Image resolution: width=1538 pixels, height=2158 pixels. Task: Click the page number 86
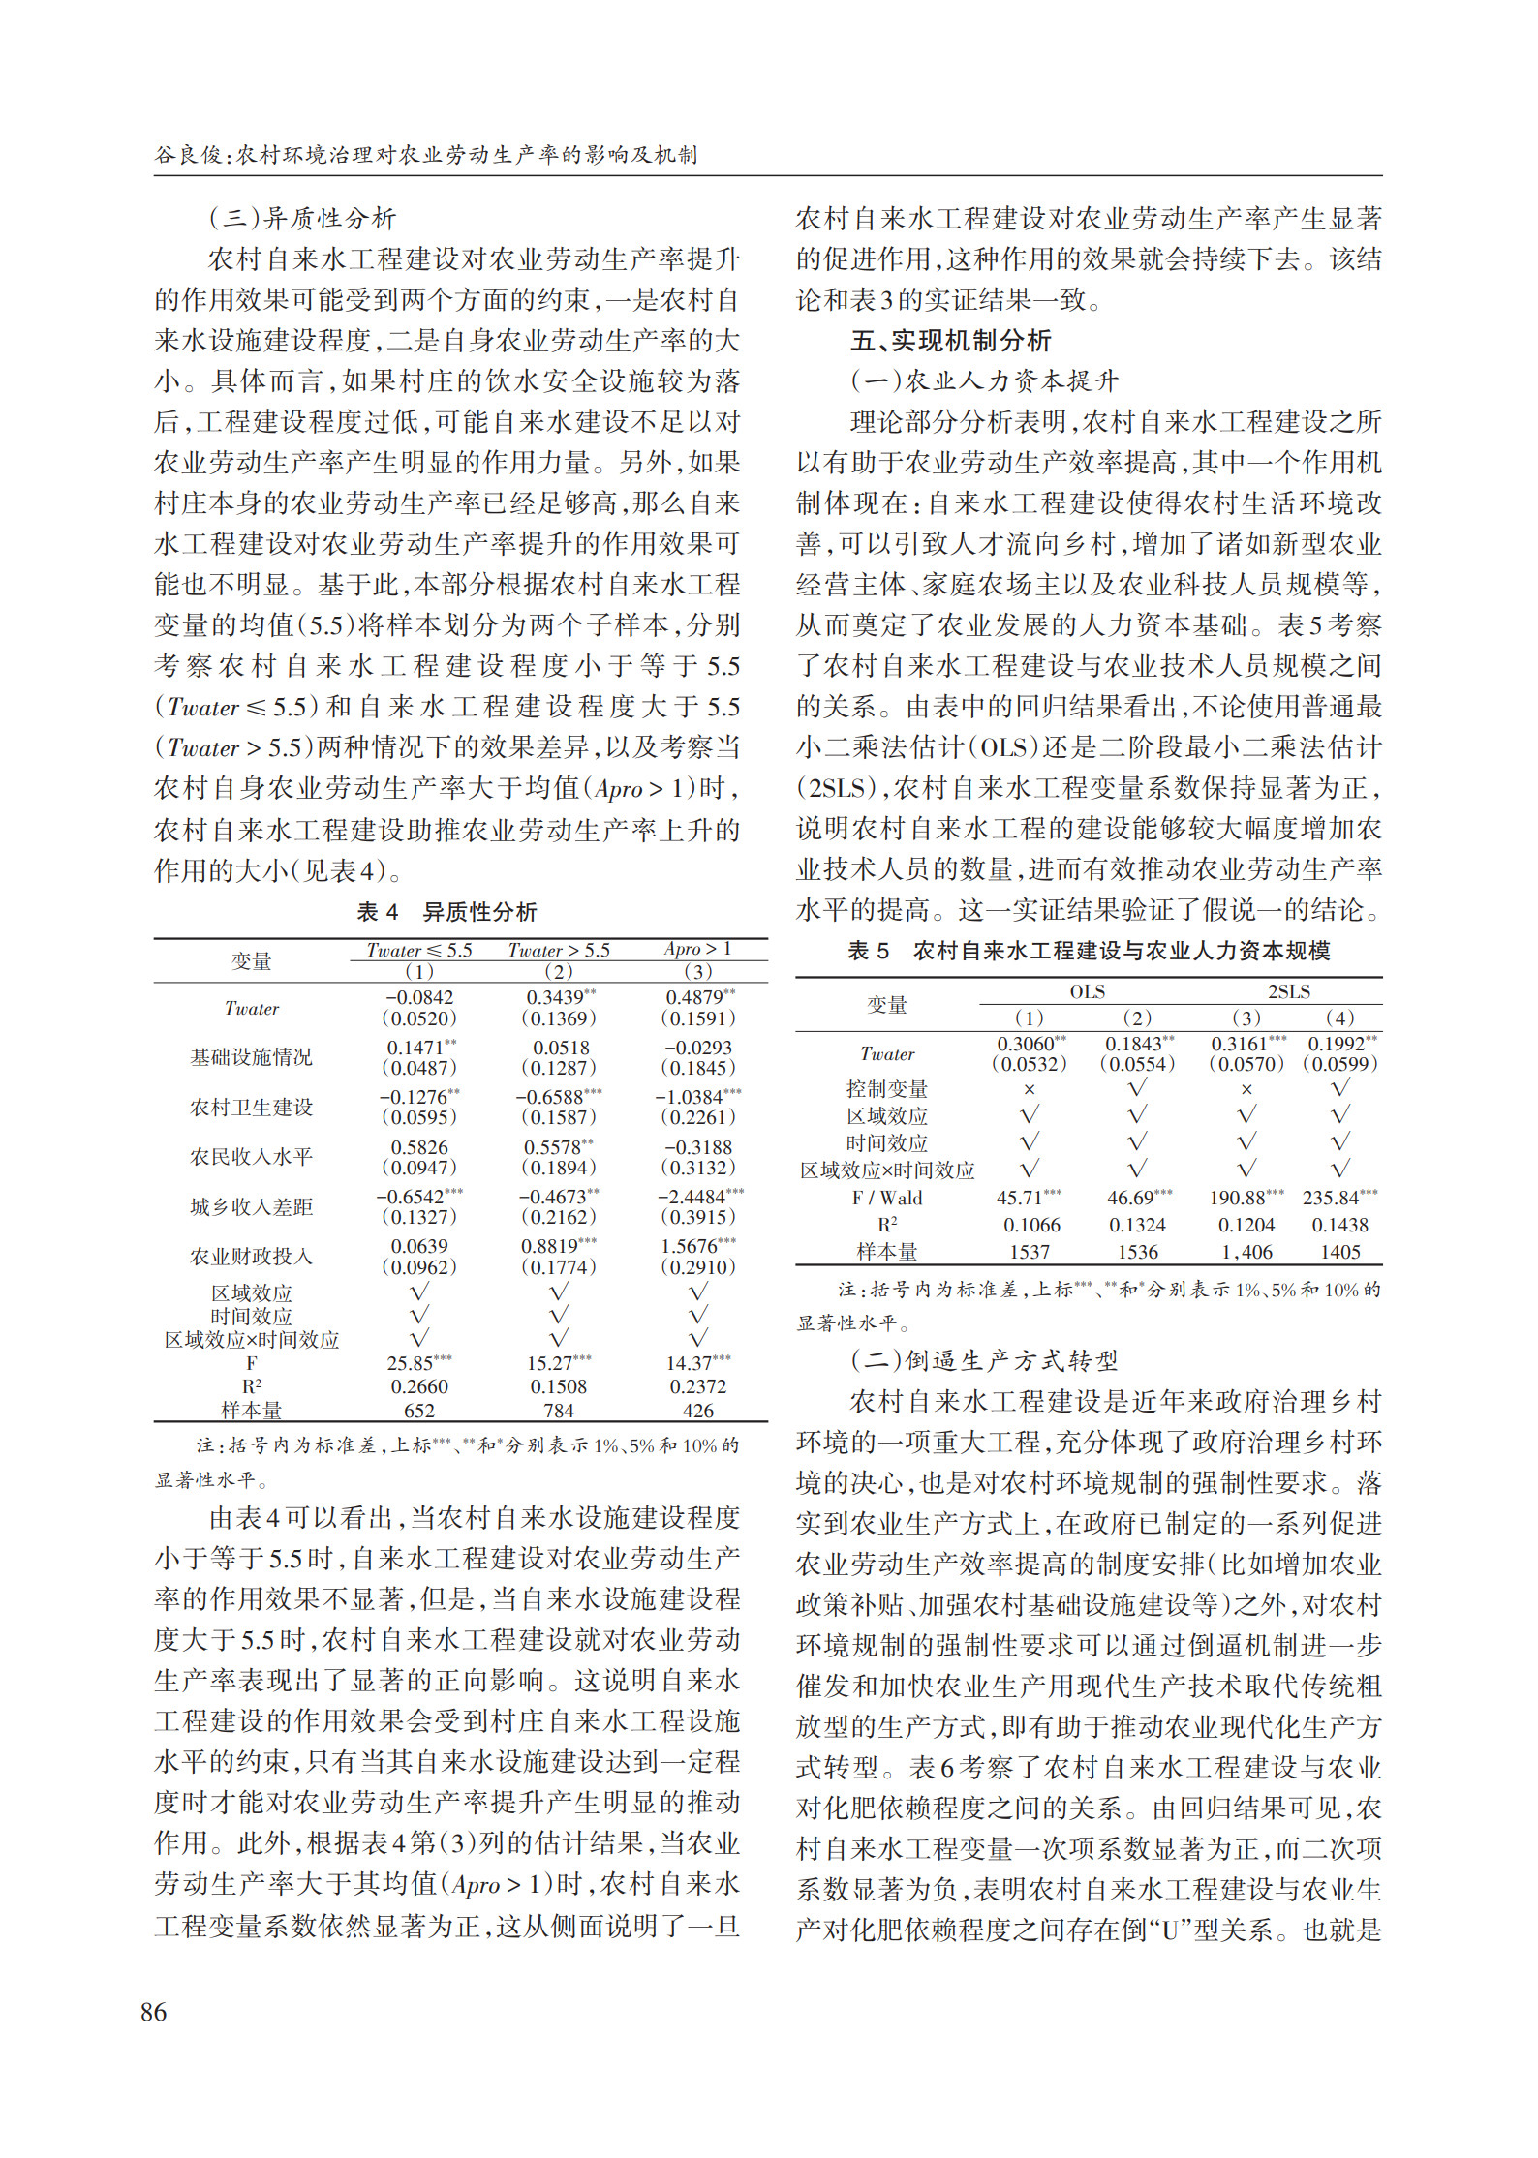154,2012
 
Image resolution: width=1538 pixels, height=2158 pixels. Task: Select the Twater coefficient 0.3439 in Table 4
556,997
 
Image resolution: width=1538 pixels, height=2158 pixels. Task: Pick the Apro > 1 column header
697,949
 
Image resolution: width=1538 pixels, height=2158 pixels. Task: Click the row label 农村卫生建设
251,1107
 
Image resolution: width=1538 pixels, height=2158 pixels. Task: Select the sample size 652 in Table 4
419,1410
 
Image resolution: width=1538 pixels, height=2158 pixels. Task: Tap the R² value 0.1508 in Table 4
559,1386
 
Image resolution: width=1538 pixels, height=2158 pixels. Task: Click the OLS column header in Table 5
1087,991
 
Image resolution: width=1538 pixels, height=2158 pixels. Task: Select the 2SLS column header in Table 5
1289,991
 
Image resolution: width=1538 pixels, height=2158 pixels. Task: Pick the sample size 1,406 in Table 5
1246,1252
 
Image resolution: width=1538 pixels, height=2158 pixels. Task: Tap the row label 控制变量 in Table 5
886,1089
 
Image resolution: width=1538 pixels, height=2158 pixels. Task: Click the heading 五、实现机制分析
950,341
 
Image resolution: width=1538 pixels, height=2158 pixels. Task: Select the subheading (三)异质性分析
302,219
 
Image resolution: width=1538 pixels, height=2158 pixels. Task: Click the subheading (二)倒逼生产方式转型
984,1361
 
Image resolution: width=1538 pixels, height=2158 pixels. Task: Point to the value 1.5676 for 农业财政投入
692,1246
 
